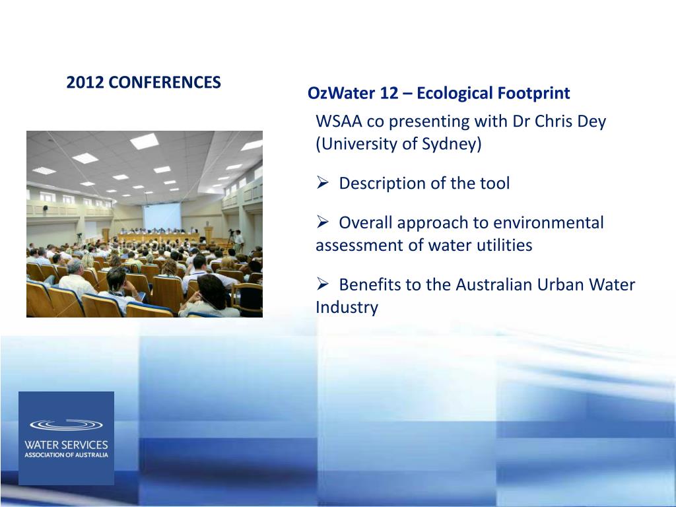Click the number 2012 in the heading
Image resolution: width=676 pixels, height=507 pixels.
85,82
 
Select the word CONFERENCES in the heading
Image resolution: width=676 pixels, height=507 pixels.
164,82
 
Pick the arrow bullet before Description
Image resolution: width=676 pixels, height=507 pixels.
322,183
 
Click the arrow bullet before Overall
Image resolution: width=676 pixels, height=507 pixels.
322,222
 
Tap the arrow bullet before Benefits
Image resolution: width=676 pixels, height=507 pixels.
322,284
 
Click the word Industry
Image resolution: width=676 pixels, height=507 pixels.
347,308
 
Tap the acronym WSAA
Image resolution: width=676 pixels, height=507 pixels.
339,121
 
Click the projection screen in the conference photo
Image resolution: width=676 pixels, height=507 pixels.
162,217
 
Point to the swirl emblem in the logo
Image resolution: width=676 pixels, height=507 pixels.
66,424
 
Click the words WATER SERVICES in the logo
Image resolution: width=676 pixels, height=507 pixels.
66,445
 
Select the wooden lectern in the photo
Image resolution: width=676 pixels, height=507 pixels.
209,235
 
